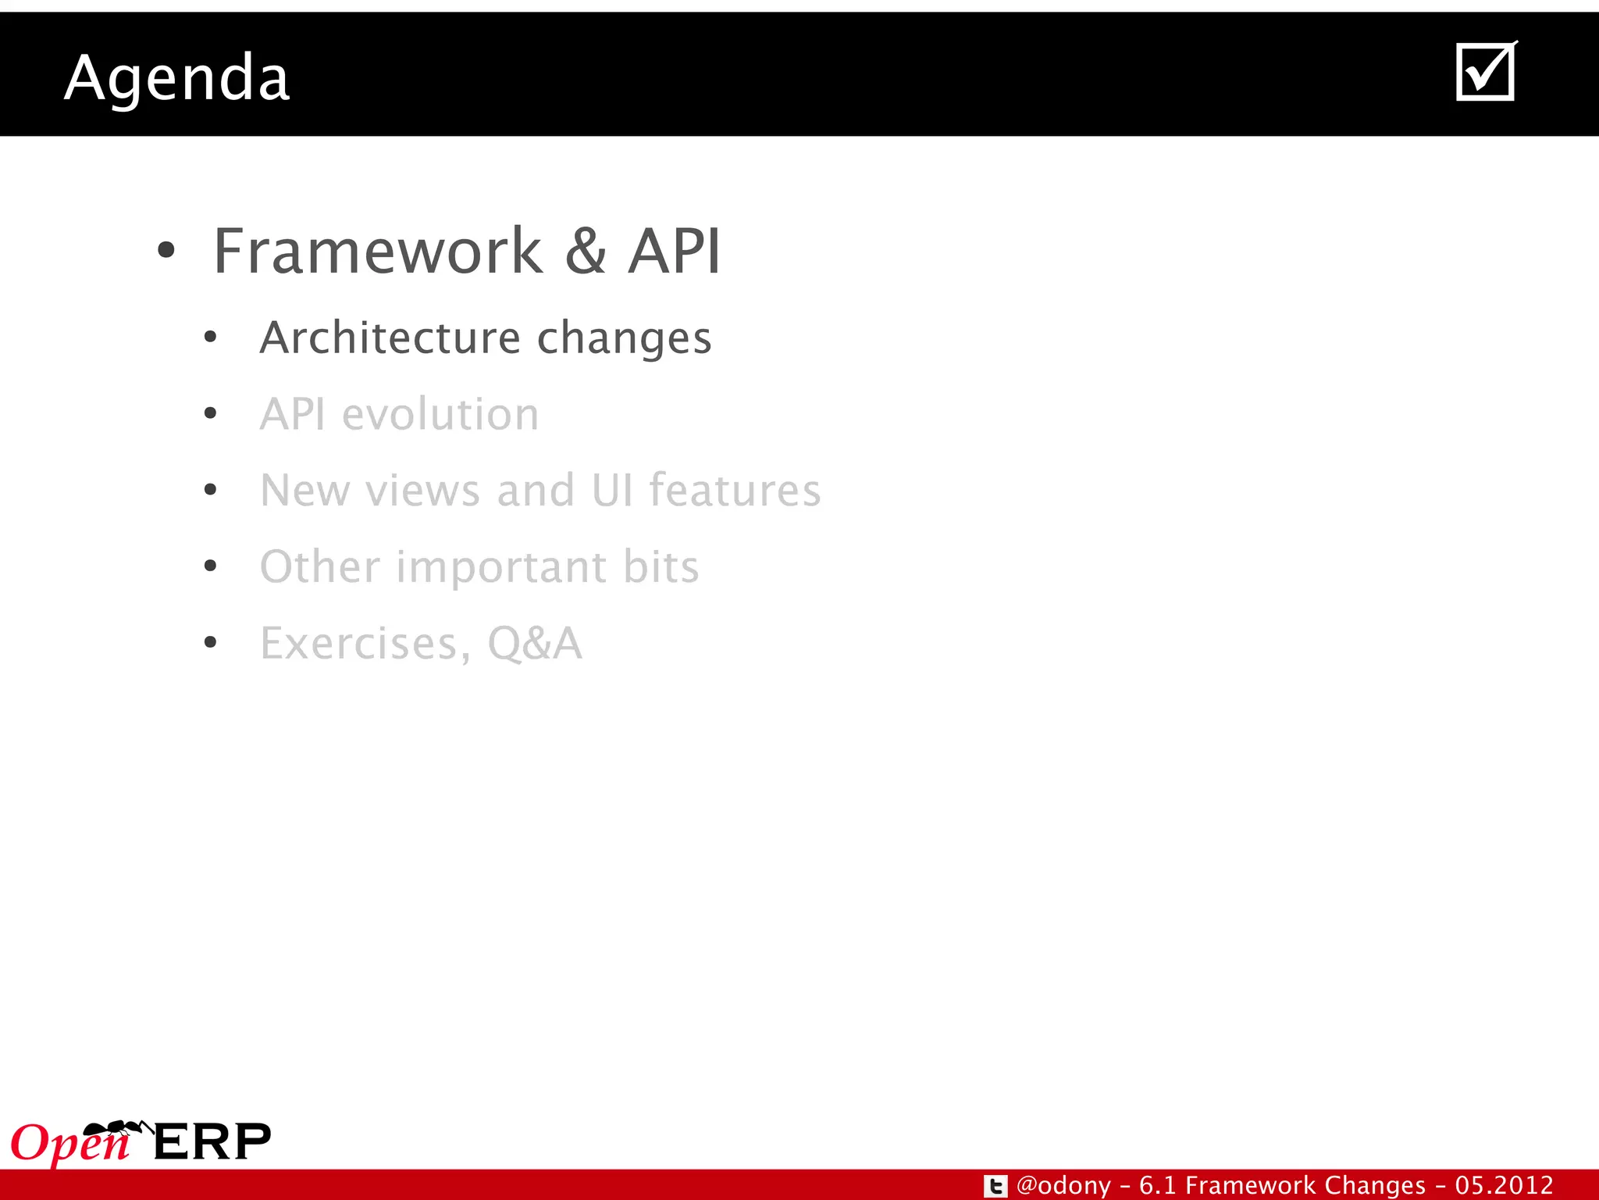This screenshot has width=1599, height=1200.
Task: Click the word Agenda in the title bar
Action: pos(177,78)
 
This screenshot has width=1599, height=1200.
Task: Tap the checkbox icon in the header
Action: pos(1486,72)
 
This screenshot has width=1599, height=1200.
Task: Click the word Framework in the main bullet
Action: pos(378,252)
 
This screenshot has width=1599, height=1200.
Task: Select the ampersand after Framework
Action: pos(586,252)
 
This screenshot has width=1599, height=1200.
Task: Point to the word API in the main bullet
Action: pos(675,252)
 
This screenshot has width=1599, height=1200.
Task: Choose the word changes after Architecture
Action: pos(625,339)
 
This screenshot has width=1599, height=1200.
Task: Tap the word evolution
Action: pos(440,414)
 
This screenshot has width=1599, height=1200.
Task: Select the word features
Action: pos(735,491)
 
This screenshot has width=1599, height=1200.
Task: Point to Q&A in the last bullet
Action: pos(535,644)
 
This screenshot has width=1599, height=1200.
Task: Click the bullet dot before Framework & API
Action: pos(166,252)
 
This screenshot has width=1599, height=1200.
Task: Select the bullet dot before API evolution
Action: pos(210,414)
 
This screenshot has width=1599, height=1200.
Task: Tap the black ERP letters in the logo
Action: pos(212,1142)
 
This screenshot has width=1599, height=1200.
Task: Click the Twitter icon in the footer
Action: pos(995,1186)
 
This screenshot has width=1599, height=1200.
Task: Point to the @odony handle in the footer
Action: pos(1063,1186)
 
